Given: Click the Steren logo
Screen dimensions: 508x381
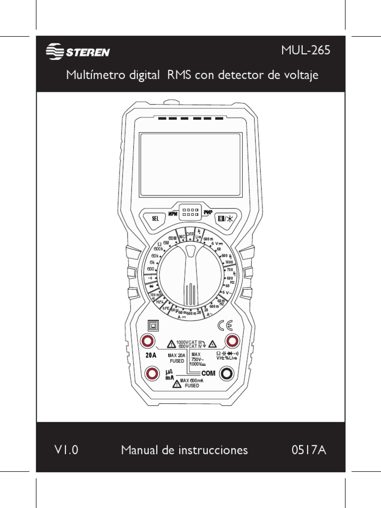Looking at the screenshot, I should tap(78, 52).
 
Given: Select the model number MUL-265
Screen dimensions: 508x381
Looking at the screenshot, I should tap(305, 51).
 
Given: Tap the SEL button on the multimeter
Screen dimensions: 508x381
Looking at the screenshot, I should tap(155, 218).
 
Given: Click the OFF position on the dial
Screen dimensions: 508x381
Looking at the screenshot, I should tap(190, 234).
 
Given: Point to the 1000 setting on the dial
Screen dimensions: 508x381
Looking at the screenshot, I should tap(229, 262).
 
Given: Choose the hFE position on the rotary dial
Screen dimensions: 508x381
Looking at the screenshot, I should tap(166, 308).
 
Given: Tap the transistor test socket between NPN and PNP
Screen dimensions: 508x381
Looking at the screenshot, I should tap(190, 212).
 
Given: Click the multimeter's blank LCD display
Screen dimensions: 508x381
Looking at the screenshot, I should tap(191, 164).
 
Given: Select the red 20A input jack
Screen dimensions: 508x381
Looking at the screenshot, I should tap(147, 341).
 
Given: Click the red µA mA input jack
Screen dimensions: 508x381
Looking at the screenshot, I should tap(147, 374).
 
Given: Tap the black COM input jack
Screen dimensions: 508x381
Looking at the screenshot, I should tap(227, 374).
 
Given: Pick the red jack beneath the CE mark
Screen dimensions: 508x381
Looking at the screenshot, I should tap(232, 341).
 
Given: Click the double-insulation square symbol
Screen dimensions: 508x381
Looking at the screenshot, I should tap(153, 325).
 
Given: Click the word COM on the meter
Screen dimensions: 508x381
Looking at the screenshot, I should tap(210, 374).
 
